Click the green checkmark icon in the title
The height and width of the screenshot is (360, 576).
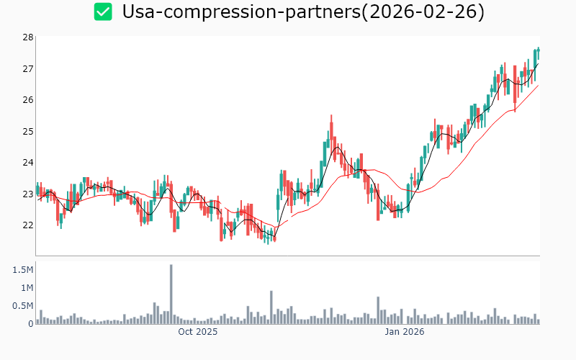click(x=104, y=12)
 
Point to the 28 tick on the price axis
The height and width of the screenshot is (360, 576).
click(x=28, y=37)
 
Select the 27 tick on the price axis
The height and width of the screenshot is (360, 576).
click(x=28, y=68)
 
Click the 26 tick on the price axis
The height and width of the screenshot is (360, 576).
click(x=28, y=99)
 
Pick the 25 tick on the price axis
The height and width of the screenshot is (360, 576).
click(x=28, y=131)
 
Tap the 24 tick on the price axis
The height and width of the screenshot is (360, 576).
click(x=28, y=162)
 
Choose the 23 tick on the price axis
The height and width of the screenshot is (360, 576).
click(x=28, y=194)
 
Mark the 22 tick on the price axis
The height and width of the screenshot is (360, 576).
click(x=28, y=225)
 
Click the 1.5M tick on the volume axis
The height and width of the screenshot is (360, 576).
click(x=21, y=269)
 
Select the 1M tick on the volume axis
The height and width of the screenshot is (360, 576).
click(x=25, y=287)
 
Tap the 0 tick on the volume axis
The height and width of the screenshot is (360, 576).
click(x=30, y=323)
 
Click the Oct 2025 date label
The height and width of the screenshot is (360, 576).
click(x=198, y=332)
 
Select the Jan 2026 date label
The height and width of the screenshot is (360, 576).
click(x=404, y=332)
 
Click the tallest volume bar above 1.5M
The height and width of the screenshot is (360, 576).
click(x=171, y=294)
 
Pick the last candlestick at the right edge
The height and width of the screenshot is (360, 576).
click(x=539, y=53)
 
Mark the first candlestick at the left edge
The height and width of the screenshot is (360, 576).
click(x=37, y=190)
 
